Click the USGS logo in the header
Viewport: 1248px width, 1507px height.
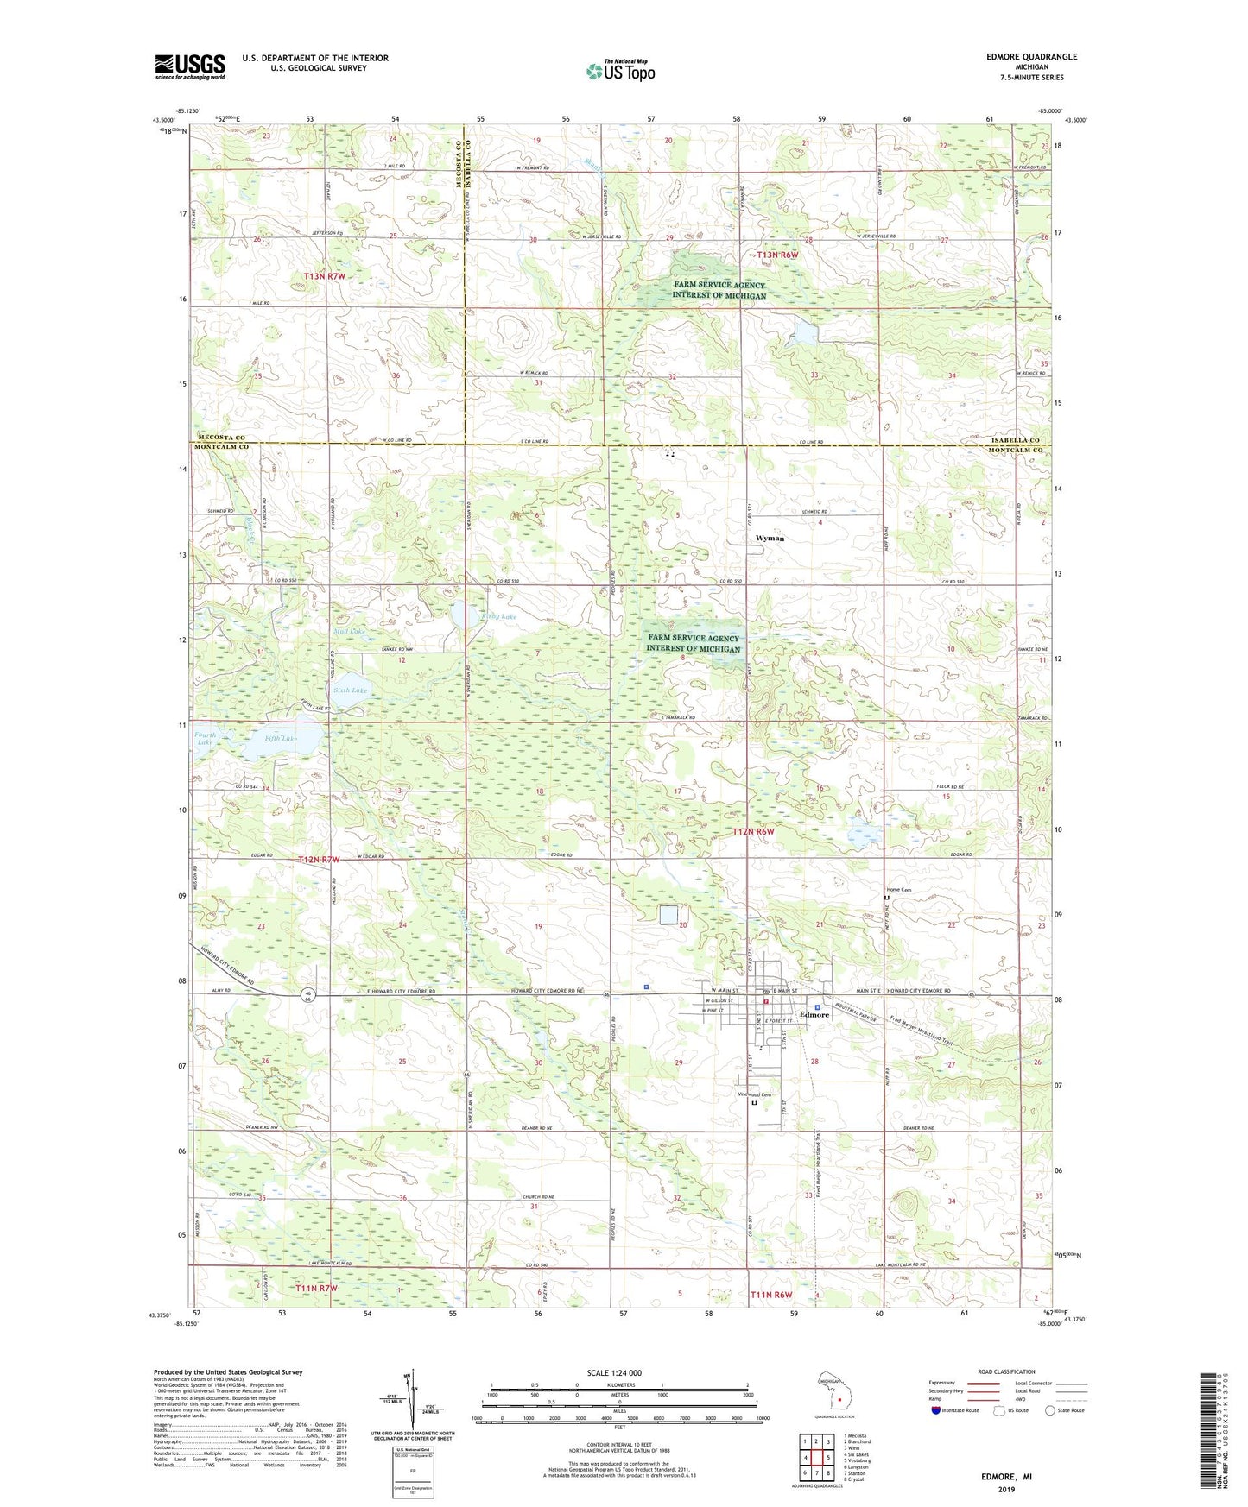point(190,66)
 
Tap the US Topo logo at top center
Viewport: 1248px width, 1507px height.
point(619,71)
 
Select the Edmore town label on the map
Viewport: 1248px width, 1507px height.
point(814,1015)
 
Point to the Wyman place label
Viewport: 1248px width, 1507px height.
point(770,539)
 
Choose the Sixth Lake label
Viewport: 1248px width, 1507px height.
point(350,690)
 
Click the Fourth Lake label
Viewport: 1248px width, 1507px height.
point(205,738)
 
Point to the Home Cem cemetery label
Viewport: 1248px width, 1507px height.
point(899,890)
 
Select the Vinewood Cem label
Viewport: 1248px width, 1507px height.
point(753,1094)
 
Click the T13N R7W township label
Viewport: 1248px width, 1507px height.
point(325,276)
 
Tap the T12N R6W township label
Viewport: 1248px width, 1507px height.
point(754,832)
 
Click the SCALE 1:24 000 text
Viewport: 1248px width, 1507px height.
point(614,1372)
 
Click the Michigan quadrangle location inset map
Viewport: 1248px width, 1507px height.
point(833,1393)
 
